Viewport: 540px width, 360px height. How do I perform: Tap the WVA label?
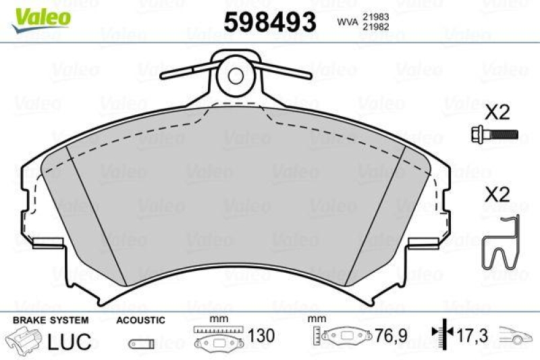coord(346,21)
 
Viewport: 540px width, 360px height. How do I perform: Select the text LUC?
coord(69,341)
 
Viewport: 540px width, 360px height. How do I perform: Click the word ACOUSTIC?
coord(140,319)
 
